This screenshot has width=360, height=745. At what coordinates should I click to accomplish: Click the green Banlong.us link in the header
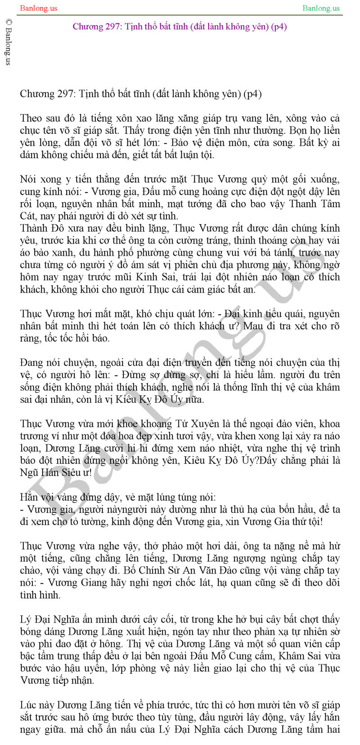pos(321,8)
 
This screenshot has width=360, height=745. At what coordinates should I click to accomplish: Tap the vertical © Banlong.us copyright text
pos(8,42)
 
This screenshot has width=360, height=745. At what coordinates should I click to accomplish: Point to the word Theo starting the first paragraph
pos(31,118)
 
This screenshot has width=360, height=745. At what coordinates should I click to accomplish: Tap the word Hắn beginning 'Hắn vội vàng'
pos(29,497)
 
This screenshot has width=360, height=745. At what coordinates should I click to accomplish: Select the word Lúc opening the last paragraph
pos(29,705)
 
